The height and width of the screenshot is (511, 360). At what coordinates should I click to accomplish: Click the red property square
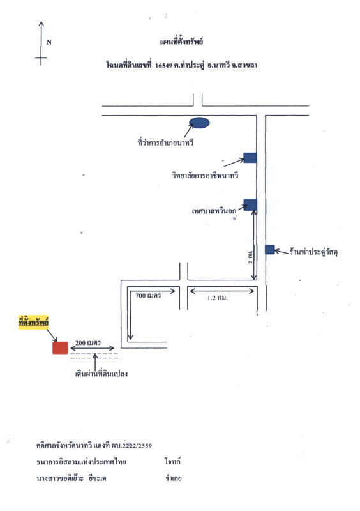60,347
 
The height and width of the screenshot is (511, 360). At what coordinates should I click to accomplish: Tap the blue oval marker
199,123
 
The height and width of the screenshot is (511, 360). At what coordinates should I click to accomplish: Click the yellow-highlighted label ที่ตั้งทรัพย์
33,323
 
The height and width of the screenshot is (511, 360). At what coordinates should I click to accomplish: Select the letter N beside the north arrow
49,42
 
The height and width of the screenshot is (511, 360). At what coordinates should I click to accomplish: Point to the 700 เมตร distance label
148,296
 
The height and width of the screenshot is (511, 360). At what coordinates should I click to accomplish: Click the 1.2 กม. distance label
217,298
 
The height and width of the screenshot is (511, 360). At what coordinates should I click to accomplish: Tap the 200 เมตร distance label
88,342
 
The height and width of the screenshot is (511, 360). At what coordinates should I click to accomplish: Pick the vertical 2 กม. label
250,257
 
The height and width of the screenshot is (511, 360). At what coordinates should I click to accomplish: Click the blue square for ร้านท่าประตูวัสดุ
270,250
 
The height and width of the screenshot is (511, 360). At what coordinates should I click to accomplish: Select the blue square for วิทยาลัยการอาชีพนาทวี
250,158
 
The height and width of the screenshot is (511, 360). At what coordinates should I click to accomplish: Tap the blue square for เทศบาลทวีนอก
250,204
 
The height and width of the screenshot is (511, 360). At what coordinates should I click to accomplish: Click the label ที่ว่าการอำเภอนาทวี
165,142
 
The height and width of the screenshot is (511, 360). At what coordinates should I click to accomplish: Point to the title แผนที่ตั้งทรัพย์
181,42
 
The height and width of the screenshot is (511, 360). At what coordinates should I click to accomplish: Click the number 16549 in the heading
163,65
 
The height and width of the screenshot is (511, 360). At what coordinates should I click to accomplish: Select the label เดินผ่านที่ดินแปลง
101,374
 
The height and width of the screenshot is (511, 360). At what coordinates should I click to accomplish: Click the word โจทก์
173,461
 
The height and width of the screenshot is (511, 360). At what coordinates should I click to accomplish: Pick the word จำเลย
174,478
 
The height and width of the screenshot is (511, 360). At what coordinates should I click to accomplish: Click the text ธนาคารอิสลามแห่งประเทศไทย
81,461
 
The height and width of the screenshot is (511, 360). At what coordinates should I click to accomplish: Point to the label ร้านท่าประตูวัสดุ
313,252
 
